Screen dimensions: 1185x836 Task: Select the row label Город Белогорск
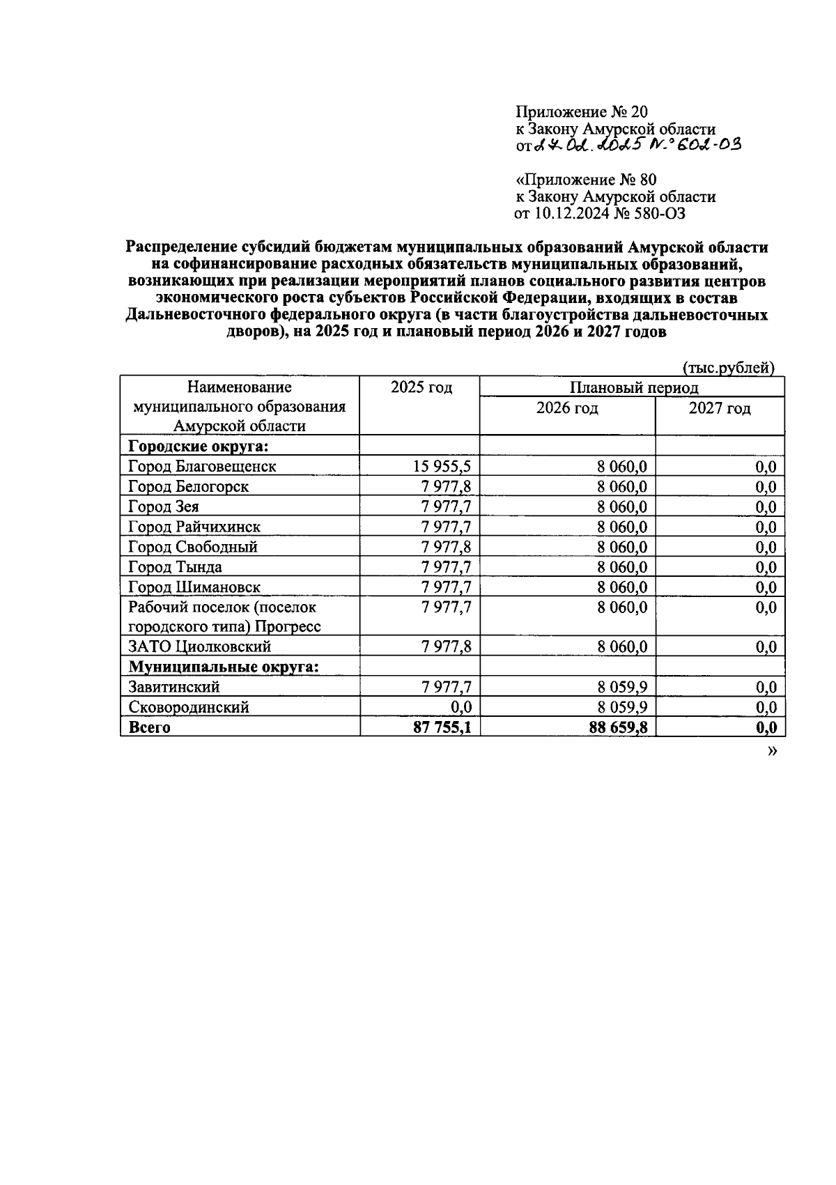pyautogui.click(x=188, y=487)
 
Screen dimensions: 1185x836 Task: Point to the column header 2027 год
pyautogui.click(x=720, y=408)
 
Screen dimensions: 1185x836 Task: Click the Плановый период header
pyautogui.click(x=633, y=388)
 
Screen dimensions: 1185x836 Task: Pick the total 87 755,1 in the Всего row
pyautogui.click(x=442, y=728)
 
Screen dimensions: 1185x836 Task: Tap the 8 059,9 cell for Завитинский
pyautogui.click(x=621, y=688)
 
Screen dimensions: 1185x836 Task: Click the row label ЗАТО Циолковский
pyautogui.click(x=200, y=647)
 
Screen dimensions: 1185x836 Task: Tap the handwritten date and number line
pyautogui.click(x=627, y=145)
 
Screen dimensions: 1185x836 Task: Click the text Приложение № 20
pyautogui.click(x=582, y=111)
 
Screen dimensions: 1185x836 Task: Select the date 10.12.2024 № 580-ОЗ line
pyautogui.click(x=599, y=213)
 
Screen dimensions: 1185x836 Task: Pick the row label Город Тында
pyautogui.click(x=176, y=567)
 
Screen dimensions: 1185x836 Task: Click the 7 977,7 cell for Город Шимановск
pyautogui.click(x=446, y=587)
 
